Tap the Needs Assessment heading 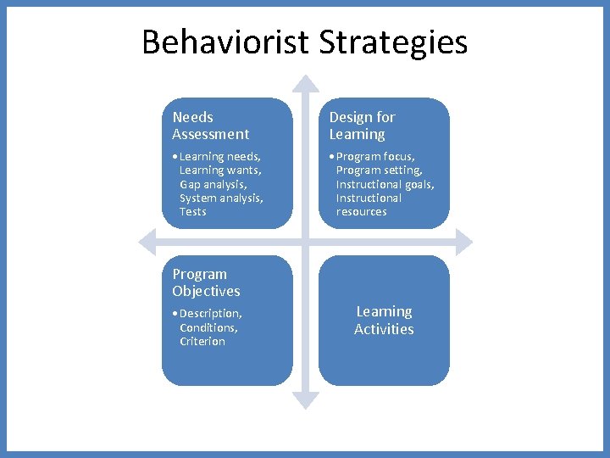tap(210, 126)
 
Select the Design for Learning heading tap(362, 126)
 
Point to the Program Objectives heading tap(206, 282)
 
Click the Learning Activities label tap(384, 321)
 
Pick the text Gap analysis tap(213, 184)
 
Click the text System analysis tap(221, 198)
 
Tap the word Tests tap(192, 211)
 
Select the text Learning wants tap(220, 170)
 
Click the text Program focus tap(375, 156)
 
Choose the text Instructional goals tap(385, 184)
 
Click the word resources tap(361, 211)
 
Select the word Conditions tap(208, 327)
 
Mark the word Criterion tap(202, 341)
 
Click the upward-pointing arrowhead tap(306, 83)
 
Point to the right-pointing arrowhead tap(463, 242)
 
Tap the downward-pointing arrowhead tap(306, 399)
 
